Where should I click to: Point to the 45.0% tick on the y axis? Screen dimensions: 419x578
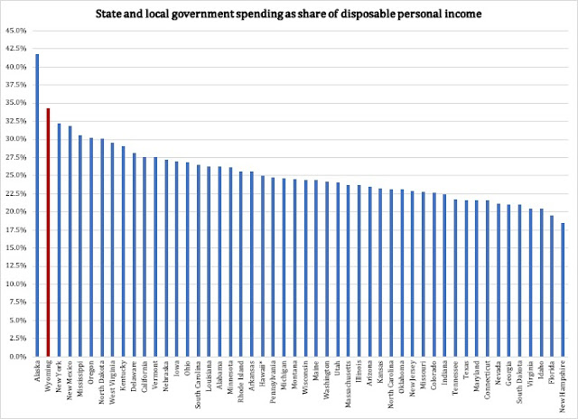(x=15, y=31)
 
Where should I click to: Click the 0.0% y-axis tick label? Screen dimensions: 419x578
(x=17, y=357)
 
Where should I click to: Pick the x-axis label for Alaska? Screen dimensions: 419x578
(x=37, y=371)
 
